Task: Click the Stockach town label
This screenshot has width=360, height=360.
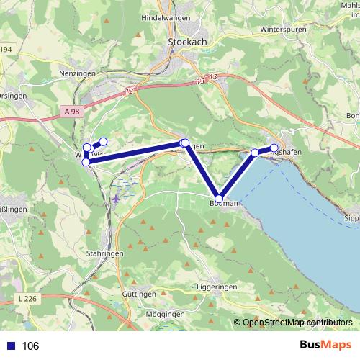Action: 187,42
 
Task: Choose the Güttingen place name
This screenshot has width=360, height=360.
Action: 139,294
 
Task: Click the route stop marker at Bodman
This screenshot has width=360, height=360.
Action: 219,199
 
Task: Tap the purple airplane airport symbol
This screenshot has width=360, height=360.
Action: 116,197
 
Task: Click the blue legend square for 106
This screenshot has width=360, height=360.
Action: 11,346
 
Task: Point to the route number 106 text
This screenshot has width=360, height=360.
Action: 31,346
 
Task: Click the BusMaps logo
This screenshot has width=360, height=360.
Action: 325,346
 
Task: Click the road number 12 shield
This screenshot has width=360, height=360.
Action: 129,91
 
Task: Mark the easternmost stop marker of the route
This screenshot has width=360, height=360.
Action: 274,148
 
